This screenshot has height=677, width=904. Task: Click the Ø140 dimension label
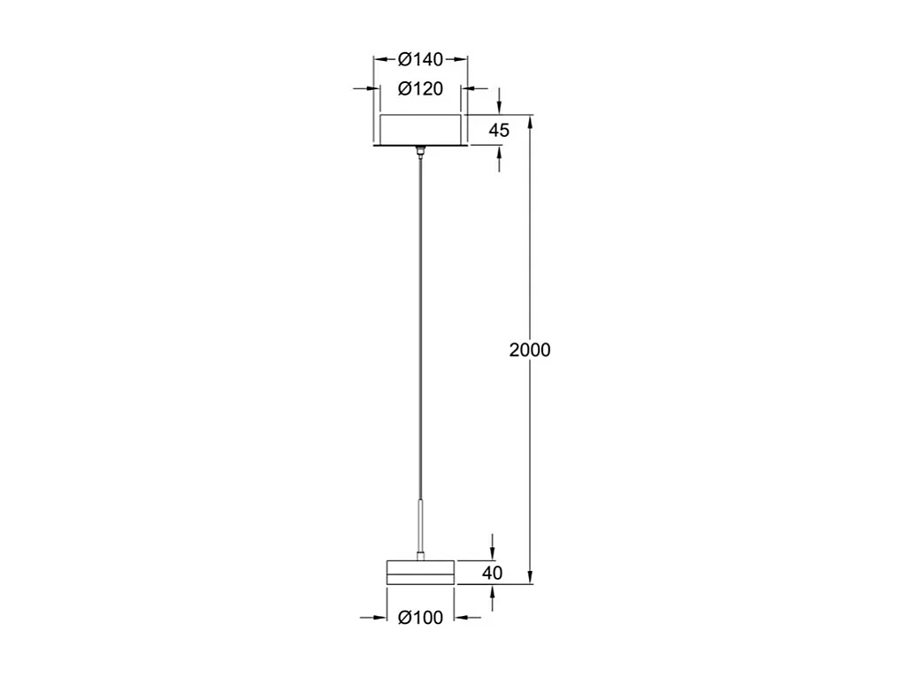[x=420, y=59]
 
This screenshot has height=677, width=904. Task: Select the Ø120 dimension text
[x=420, y=88]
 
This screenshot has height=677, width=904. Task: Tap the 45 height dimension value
[x=499, y=130]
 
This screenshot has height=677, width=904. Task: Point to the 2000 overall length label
[x=530, y=350]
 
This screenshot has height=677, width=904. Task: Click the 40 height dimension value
[x=493, y=573]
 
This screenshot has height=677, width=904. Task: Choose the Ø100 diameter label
[x=420, y=618]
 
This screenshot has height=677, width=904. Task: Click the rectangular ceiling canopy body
[x=420, y=130]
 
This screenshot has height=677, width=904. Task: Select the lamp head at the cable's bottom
[x=420, y=572]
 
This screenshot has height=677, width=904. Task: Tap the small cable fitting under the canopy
[x=420, y=153]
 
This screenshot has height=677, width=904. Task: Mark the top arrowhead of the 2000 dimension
[x=530, y=120]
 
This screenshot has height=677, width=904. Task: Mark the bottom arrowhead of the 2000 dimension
[x=530, y=578]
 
